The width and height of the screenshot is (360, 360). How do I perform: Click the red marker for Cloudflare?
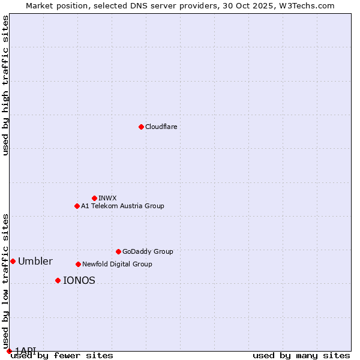coord(141,127)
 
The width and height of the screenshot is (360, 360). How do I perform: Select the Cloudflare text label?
coord(161,127)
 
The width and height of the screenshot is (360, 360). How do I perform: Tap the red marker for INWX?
coord(94,198)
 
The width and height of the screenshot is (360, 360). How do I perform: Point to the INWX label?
coord(107,198)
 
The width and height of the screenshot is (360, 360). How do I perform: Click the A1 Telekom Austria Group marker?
coord(77,206)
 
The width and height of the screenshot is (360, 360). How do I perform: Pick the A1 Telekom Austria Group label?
coord(122,206)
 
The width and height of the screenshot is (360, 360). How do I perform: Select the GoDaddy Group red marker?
coord(118,251)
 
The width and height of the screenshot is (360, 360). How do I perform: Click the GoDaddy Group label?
coord(148,251)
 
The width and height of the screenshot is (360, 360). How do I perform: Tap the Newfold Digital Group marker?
coord(78,264)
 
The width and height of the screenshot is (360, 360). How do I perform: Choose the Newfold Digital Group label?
coord(117,264)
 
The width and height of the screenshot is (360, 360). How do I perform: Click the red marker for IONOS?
coord(58,280)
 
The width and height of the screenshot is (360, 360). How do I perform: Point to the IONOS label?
coord(79,280)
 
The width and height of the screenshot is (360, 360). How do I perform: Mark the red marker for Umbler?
coord(13,261)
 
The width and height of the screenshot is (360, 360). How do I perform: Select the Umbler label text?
coord(35,261)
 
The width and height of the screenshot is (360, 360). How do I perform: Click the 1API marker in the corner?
coord(9,351)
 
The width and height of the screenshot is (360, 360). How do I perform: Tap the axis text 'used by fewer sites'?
coord(62,355)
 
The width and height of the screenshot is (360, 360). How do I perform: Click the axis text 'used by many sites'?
coord(301,355)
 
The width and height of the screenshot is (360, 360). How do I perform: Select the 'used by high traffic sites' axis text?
coord(5,85)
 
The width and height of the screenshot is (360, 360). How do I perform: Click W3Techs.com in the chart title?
coord(305,5)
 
